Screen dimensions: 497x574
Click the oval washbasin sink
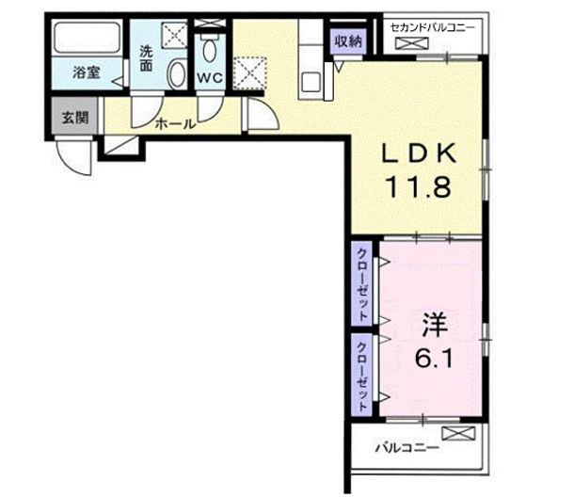[x=175, y=76]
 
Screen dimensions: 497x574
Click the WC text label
[x=210, y=79]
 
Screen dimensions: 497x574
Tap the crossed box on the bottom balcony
[x=460, y=435]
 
